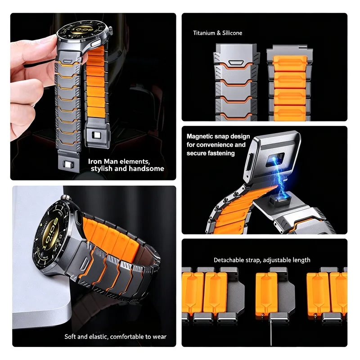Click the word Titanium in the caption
(x=204, y=33)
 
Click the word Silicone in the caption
(x=232, y=33)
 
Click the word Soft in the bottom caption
(x=70, y=337)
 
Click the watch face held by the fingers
(x=82, y=30)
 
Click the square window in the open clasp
(x=275, y=160)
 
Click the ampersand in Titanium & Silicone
(x=219, y=33)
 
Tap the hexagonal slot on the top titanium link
(x=236, y=63)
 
